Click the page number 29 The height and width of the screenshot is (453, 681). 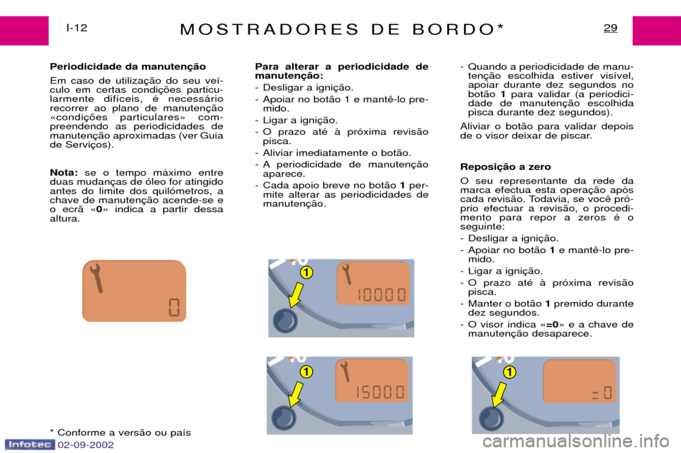coord(610,28)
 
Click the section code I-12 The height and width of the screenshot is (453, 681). coord(77,28)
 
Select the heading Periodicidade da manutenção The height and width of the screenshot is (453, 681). coord(128,67)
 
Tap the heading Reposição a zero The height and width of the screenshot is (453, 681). coord(506,167)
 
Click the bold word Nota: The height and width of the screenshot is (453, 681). coord(64,173)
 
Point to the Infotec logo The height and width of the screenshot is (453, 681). coord(30,444)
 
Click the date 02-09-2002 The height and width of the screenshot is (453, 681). coord(86,445)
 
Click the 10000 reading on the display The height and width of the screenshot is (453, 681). coord(382,295)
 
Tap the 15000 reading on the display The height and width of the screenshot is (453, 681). coord(380,392)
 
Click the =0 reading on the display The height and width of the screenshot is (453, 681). coord(602,393)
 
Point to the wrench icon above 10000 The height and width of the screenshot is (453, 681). coord(346,274)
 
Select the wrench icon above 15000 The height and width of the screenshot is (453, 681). coord(345,371)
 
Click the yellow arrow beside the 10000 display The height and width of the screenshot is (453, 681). coord(296,295)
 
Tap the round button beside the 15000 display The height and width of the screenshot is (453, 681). coord(284,418)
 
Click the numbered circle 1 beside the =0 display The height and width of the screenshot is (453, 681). coord(509,372)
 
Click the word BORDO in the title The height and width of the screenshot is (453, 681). coord(453,29)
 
